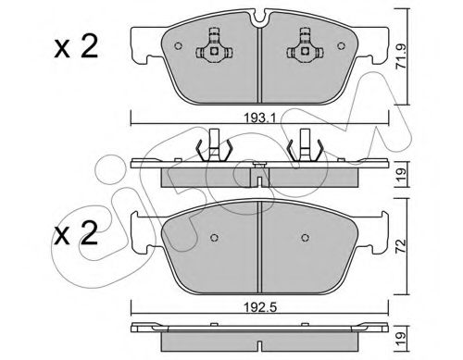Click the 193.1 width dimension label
259,118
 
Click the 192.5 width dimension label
259,307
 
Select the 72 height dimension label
401,246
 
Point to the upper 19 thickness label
401,175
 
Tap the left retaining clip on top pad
214,47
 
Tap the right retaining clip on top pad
305,47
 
